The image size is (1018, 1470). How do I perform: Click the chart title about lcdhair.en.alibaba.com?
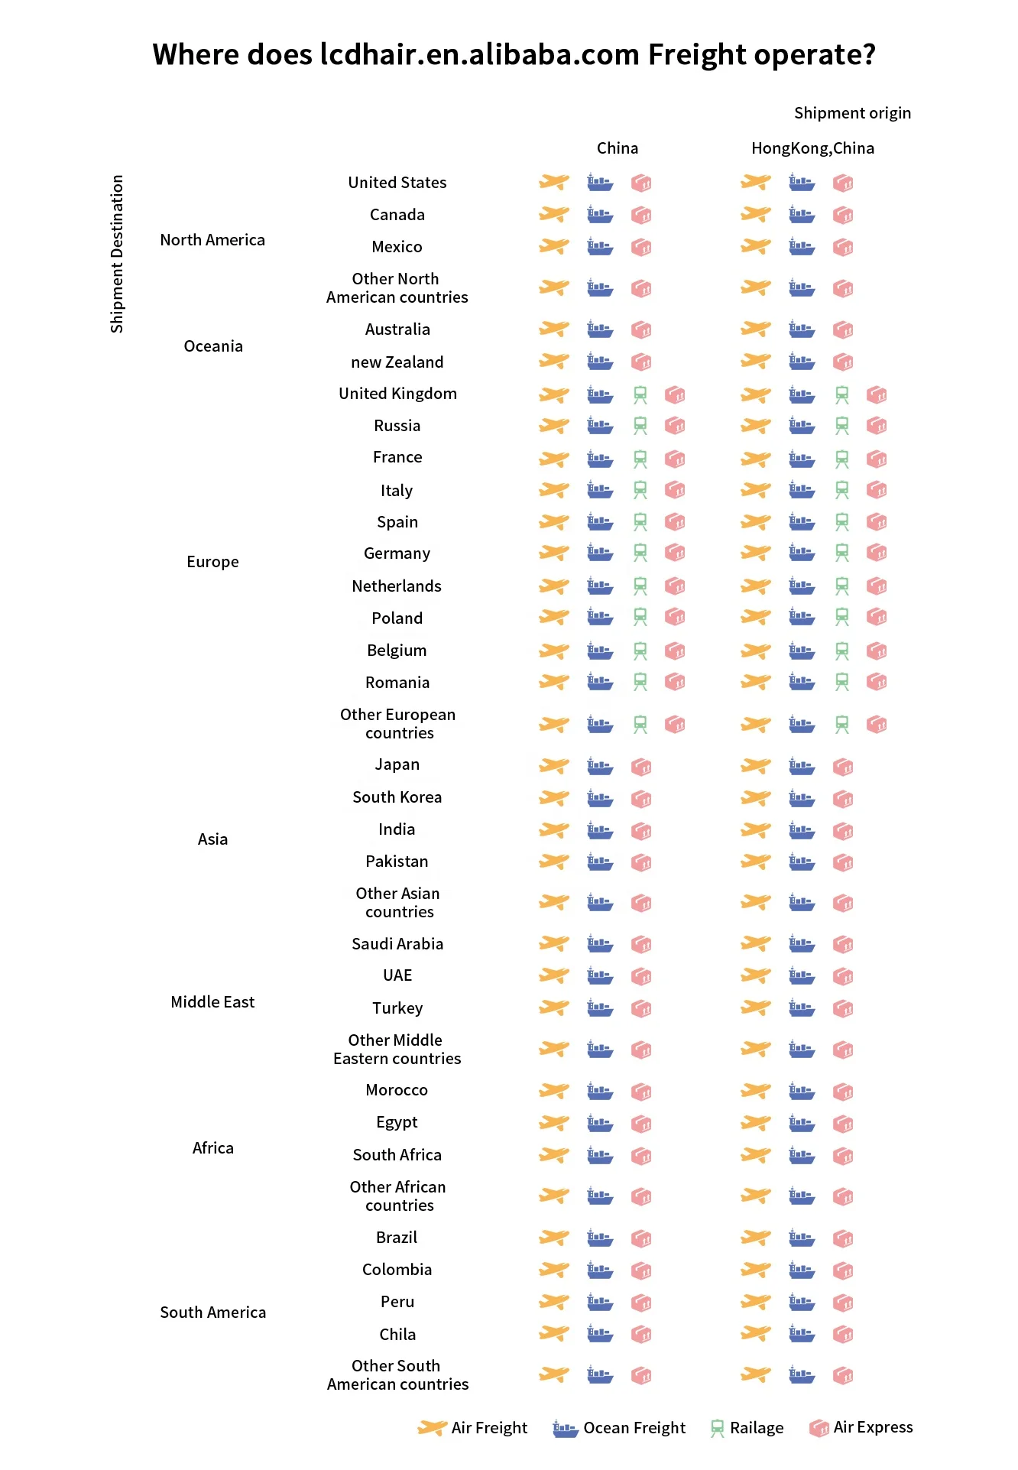pyautogui.click(x=514, y=55)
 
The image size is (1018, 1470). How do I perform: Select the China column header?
pyautogui.click(x=617, y=148)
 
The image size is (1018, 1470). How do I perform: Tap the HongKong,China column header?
pyautogui.click(x=812, y=148)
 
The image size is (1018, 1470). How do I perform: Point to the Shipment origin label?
pyautogui.click(x=852, y=113)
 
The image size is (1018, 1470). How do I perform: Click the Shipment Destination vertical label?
pyautogui.click(x=117, y=254)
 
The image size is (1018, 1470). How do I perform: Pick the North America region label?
pyautogui.click(x=212, y=240)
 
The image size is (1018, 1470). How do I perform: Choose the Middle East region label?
pyautogui.click(x=212, y=1002)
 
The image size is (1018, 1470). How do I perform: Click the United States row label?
pyautogui.click(x=397, y=183)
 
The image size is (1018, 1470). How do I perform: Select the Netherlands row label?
pyautogui.click(x=397, y=586)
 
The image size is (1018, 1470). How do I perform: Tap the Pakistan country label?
pyautogui.click(x=397, y=862)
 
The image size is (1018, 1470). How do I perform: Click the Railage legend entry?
pyautogui.click(x=747, y=1428)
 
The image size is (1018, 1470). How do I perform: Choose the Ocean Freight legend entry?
pyautogui.click(x=619, y=1428)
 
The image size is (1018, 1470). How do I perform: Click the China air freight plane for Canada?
pyautogui.click(x=554, y=215)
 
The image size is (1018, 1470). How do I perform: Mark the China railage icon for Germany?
pyautogui.click(x=640, y=553)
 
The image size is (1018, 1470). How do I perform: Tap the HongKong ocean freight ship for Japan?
pyautogui.click(x=802, y=766)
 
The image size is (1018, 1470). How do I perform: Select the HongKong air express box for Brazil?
pyautogui.click(x=843, y=1238)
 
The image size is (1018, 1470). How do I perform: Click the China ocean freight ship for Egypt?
pyautogui.click(x=600, y=1124)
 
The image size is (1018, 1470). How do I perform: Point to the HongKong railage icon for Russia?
pyautogui.click(x=842, y=426)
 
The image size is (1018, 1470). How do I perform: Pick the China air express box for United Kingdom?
pyautogui.click(x=675, y=394)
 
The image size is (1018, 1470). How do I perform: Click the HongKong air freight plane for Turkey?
pyautogui.click(x=756, y=1008)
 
